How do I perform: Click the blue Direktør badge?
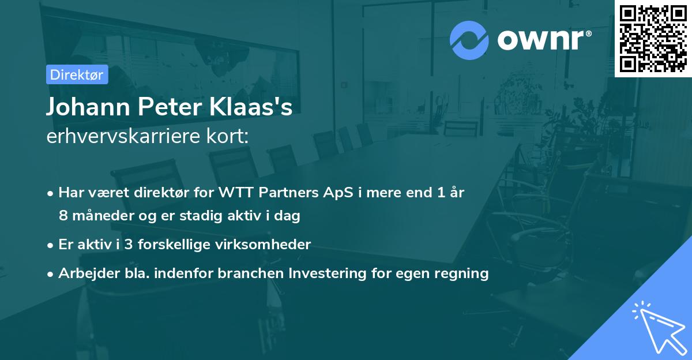[77, 74]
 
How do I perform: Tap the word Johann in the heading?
[88, 107]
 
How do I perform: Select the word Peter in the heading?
[170, 107]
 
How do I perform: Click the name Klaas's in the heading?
[251, 107]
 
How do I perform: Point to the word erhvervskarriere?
[123, 136]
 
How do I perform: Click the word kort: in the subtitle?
[228, 136]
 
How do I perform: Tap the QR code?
[653, 39]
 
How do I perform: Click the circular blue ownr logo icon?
[469, 40]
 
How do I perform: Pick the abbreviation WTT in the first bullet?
[236, 193]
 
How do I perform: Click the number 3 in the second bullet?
[129, 245]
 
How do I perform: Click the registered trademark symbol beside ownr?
[588, 33]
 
